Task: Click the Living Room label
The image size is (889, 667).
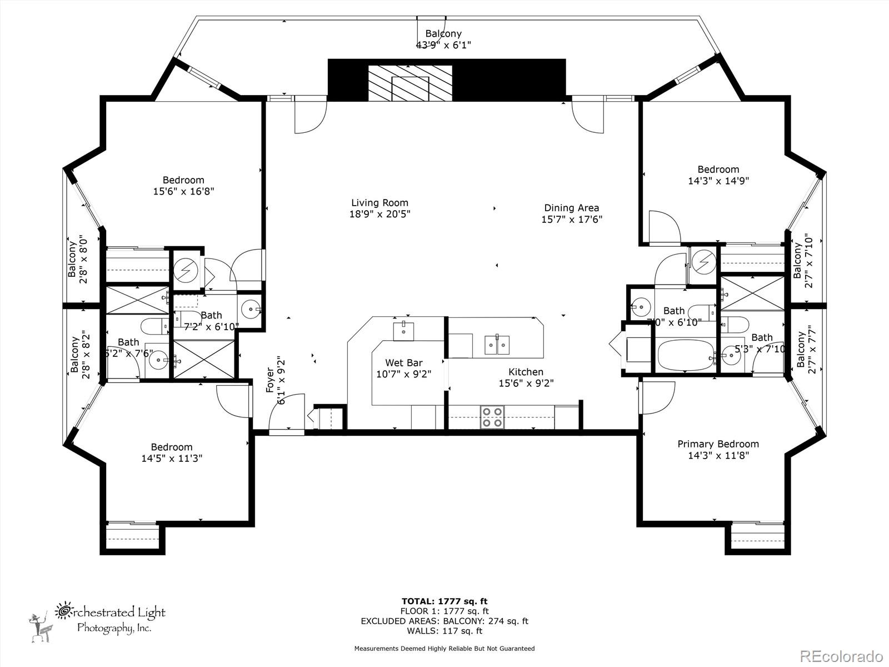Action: coord(379,203)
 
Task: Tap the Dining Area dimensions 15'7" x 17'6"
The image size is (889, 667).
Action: coord(572,219)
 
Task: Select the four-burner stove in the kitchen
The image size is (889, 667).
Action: coord(492,417)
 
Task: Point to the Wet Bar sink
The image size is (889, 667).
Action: coord(403,330)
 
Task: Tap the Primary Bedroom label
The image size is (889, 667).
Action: coord(718,444)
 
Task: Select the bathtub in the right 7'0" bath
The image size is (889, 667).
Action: coord(686,356)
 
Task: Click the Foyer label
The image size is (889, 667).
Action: coord(271,380)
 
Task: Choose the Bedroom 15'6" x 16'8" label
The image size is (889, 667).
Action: coord(183,180)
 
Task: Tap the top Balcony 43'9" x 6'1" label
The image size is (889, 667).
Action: coord(443,34)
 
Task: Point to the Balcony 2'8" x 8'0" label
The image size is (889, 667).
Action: coord(72,259)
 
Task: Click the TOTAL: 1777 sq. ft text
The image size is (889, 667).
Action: coord(444,601)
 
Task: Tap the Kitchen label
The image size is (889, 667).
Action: coord(526,372)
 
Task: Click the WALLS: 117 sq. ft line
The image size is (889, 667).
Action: coord(444,630)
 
